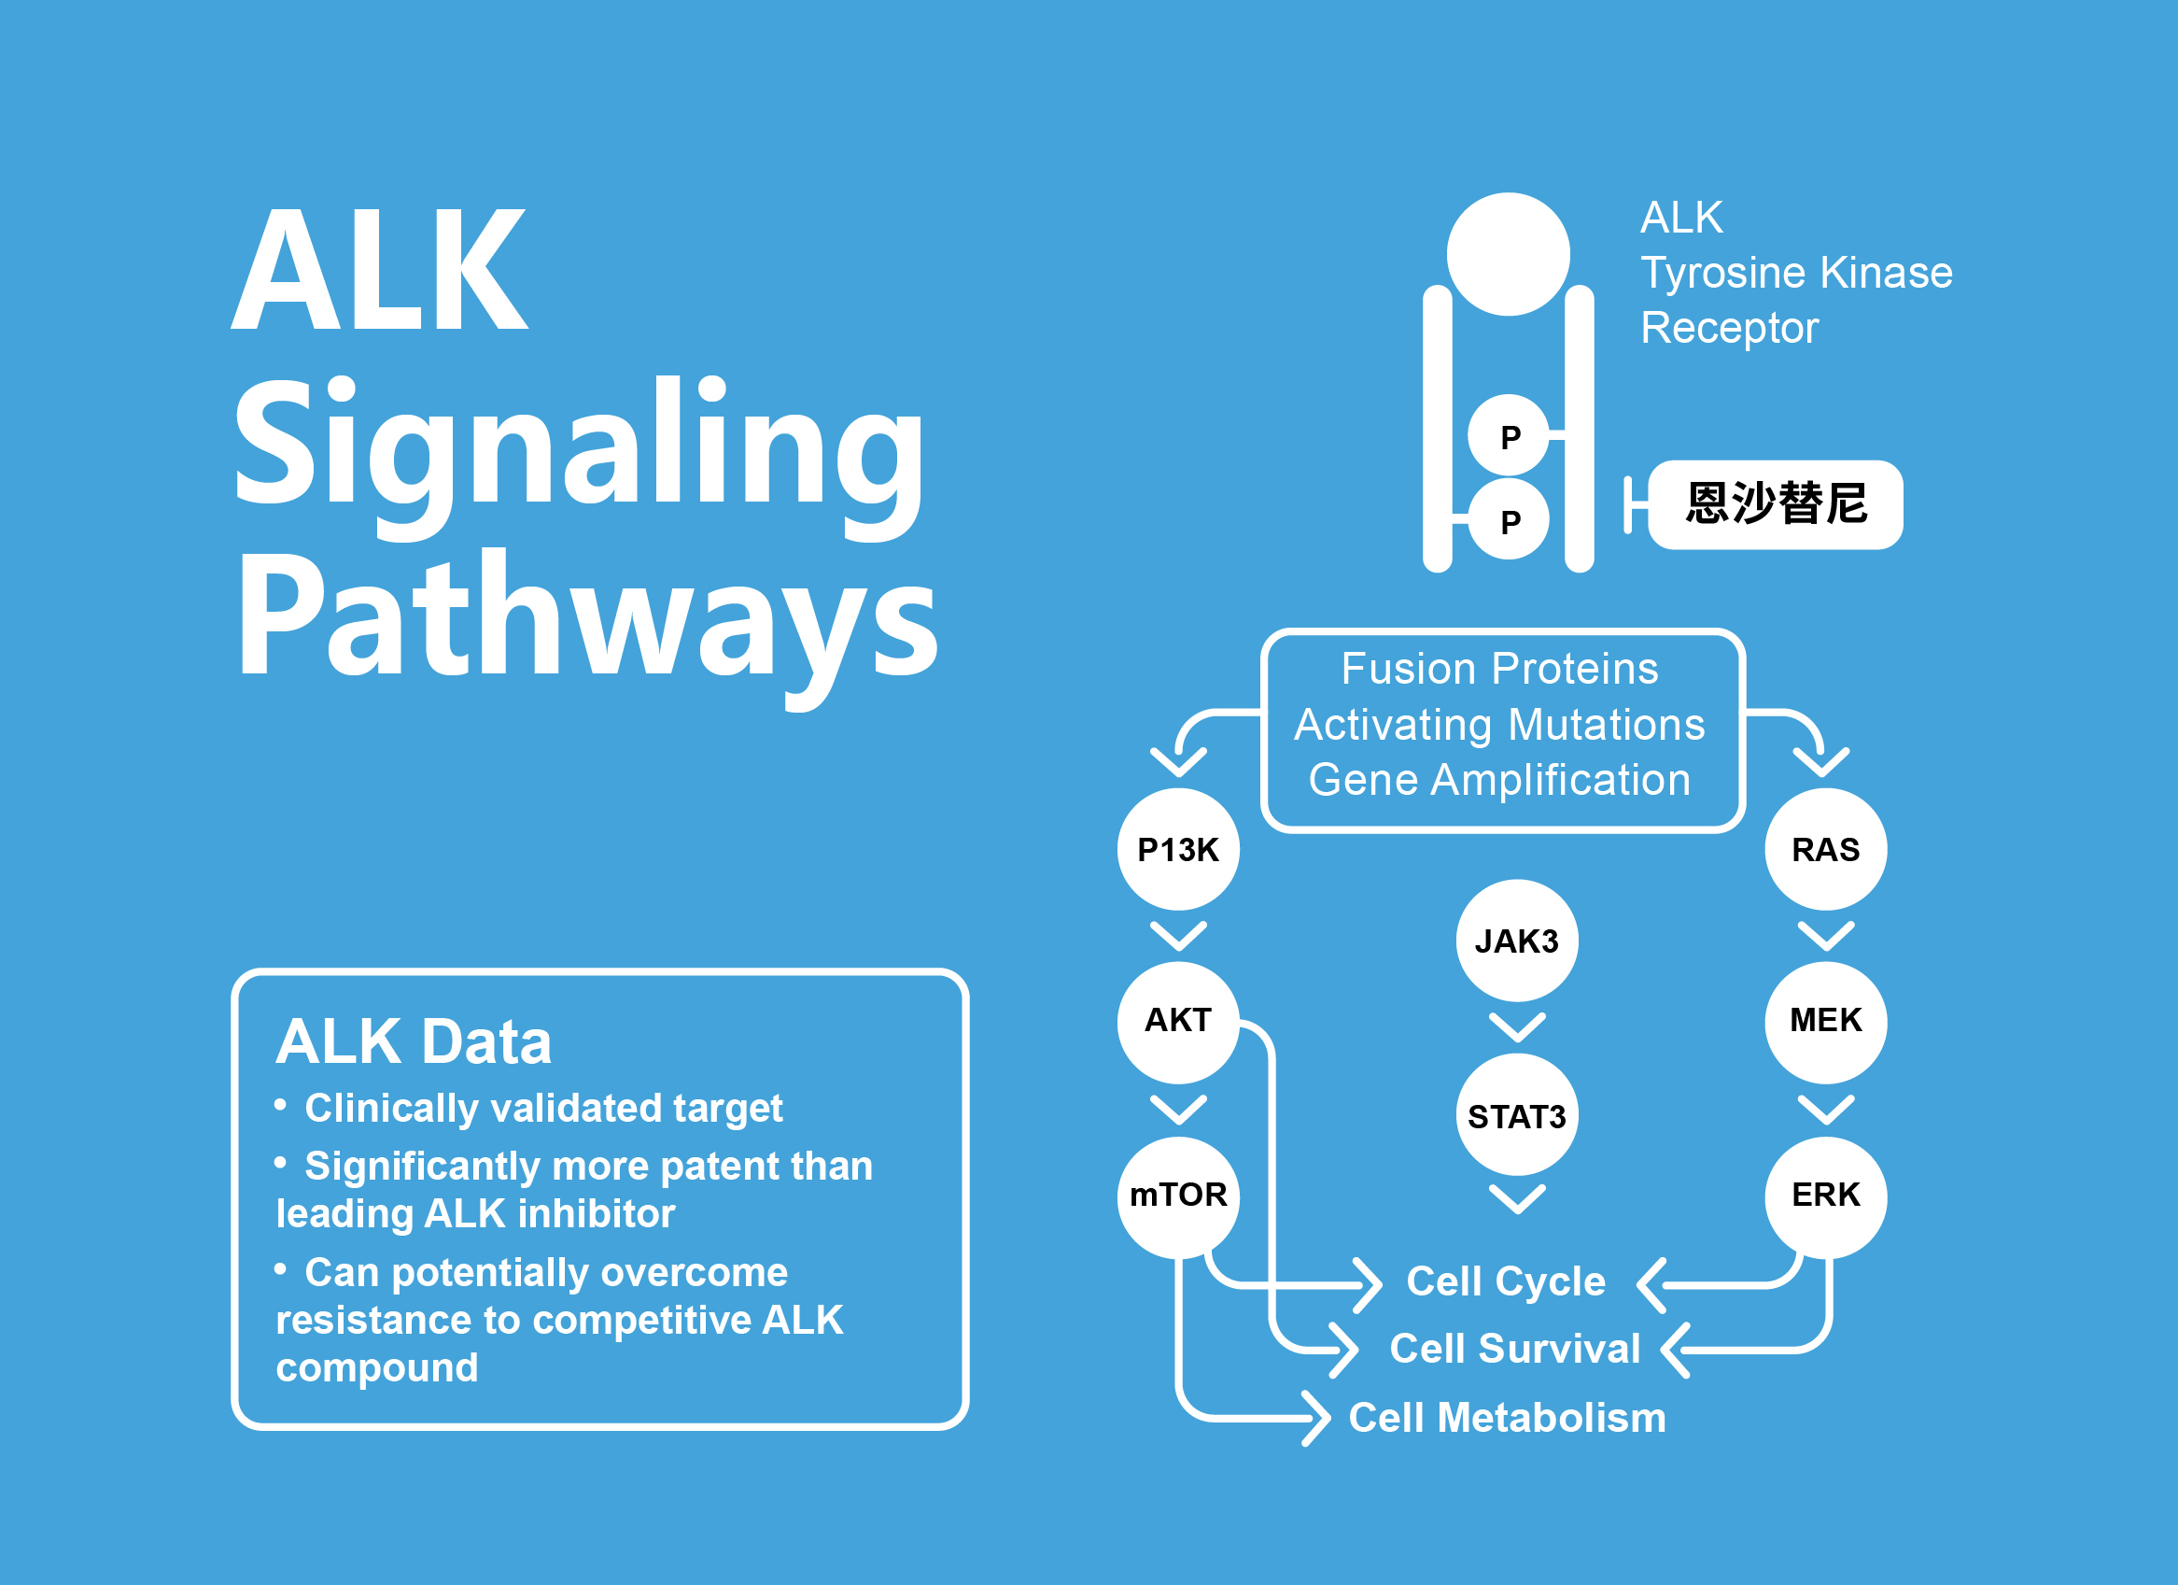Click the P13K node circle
[x=1178, y=849]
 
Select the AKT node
[x=1178, y=1022]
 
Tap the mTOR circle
[x=1178, y=1196]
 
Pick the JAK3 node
[x=1517, y=941]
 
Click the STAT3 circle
[x=1517, y=1114]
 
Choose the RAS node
[x=1825, y=849]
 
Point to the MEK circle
[x=1825, y=1022]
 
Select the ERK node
[x=1825, y=1196]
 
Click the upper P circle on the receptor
[x=1509, y=435]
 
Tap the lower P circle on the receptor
[x=1509, y=518]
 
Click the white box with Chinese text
[x=1776, y=504]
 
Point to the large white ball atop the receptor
[x=1509, y=254]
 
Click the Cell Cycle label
[x=1506, y=1281]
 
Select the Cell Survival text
[x=1515, y=1349]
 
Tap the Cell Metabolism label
[x=1508, y=1418]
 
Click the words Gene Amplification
[x=1499, y=780]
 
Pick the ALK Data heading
[x=414, y=1041]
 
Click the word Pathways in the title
[x=587, y=625]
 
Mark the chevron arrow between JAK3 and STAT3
[x=1517, y=1026]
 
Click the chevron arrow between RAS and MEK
[x=1825, y=936]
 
